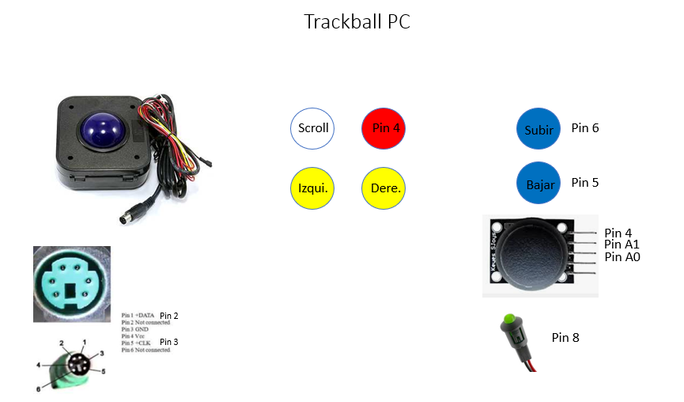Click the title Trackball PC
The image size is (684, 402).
[x=357, y=22]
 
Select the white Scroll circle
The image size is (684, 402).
[x=314, y=127]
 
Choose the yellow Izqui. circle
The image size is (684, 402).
[x=313, y=188]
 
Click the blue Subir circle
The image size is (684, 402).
[x=539, y=129]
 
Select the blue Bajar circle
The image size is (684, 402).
[x=539, y=184]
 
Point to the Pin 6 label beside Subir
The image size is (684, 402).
[x=584, y=127]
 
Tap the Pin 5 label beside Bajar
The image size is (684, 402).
[x=584, y=182]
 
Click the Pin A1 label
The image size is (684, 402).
[x=622, y=245]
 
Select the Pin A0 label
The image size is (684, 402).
[x=622, y=256]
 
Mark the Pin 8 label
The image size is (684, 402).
[x=565, y=338]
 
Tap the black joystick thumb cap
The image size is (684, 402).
[x=535, y=252]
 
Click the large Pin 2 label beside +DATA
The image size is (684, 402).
[x=169, y=316]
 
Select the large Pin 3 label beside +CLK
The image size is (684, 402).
[x=169, y=342]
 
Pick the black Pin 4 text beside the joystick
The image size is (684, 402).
[x=618, y=233]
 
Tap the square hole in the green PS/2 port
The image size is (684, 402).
[x=71, y=294]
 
